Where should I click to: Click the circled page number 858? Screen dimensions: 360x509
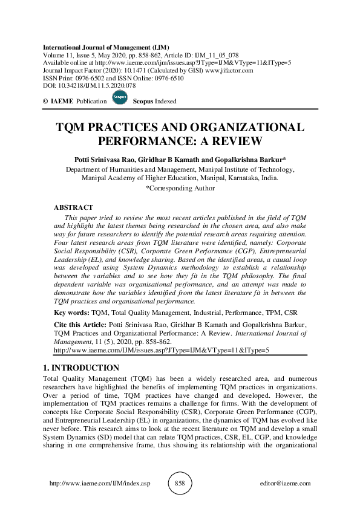pyautogui.click(x=179, y=484)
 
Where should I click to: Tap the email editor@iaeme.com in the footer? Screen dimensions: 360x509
pyautogui.click(x=284, y=484)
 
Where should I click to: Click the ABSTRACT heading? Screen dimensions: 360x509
pyautogui.click(x=73, y=207)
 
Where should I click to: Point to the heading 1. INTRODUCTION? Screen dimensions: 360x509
pyautogui.click(x=82, y=368)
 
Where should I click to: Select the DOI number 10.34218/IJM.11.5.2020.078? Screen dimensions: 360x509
pyautogui.click(x=91, y=86)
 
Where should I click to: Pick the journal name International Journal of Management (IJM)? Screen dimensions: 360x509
pyautogui.click(x=106, y=47)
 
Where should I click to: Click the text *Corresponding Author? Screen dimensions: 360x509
pyautogui.click(x=180, y=188)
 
